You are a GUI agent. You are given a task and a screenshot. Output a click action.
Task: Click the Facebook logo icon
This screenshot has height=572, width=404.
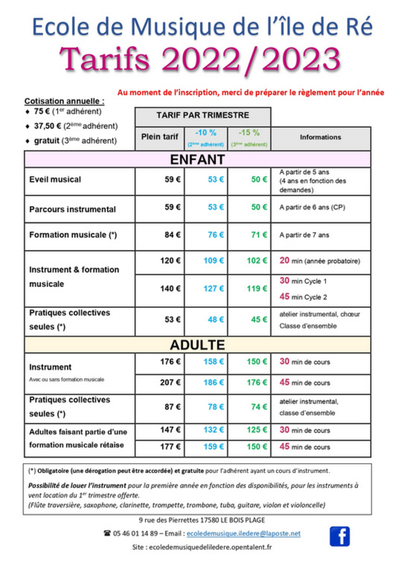pyautogui.click(x=340, y=536)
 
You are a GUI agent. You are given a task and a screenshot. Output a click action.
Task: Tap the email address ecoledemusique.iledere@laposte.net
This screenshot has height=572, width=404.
pyautogui.click(x=243, y=534)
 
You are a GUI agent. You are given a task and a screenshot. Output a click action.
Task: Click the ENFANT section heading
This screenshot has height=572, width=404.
pyautogui.click(x=197, y=160)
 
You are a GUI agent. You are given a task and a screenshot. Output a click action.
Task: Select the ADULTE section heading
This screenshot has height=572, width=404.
pyautogui.click(x=197, y=345)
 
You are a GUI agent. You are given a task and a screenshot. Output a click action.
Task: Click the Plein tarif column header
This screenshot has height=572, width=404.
pyautogui.click(x=160, y=137)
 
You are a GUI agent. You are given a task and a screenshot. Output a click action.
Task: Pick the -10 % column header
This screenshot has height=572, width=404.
pyautogui.click(x=206, y=133)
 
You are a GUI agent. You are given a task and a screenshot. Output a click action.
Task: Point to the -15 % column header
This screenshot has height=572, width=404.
pyautogui.click(x=249, y=133)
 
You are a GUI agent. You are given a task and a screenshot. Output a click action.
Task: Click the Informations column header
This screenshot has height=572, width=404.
pyautogui.click(x=320, y=137)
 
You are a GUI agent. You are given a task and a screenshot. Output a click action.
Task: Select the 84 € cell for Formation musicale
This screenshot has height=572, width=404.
pyautogui.click(x=173, y=235)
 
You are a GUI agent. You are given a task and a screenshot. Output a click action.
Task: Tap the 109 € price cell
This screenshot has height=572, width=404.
pyautogui.click(x=213, y=261)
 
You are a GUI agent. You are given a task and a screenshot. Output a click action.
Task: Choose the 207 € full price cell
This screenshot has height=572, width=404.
pyautogui.click(x=170, y=382)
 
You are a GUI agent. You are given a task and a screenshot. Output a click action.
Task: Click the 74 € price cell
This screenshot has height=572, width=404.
pyautogui.click(x=259, y=407)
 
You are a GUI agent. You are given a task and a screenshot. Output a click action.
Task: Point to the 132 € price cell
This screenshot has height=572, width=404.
pyautogui.click(x=213, y=430)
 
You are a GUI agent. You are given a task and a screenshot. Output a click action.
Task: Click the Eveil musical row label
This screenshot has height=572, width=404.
pyautogui.click(x=55, y=180)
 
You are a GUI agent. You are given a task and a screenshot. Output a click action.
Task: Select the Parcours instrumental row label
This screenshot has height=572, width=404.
pyautogui.click(x=72, y=209)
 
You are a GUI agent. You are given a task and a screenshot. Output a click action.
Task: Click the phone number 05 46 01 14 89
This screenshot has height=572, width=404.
pyautogui.click(x=135, y=534)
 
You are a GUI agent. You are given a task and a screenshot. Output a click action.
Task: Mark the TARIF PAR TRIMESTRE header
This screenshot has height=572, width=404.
pyautogui.click(x=203, y=115)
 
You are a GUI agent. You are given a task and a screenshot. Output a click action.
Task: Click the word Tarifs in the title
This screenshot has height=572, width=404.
pyautogui.click(x=105, y=59)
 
